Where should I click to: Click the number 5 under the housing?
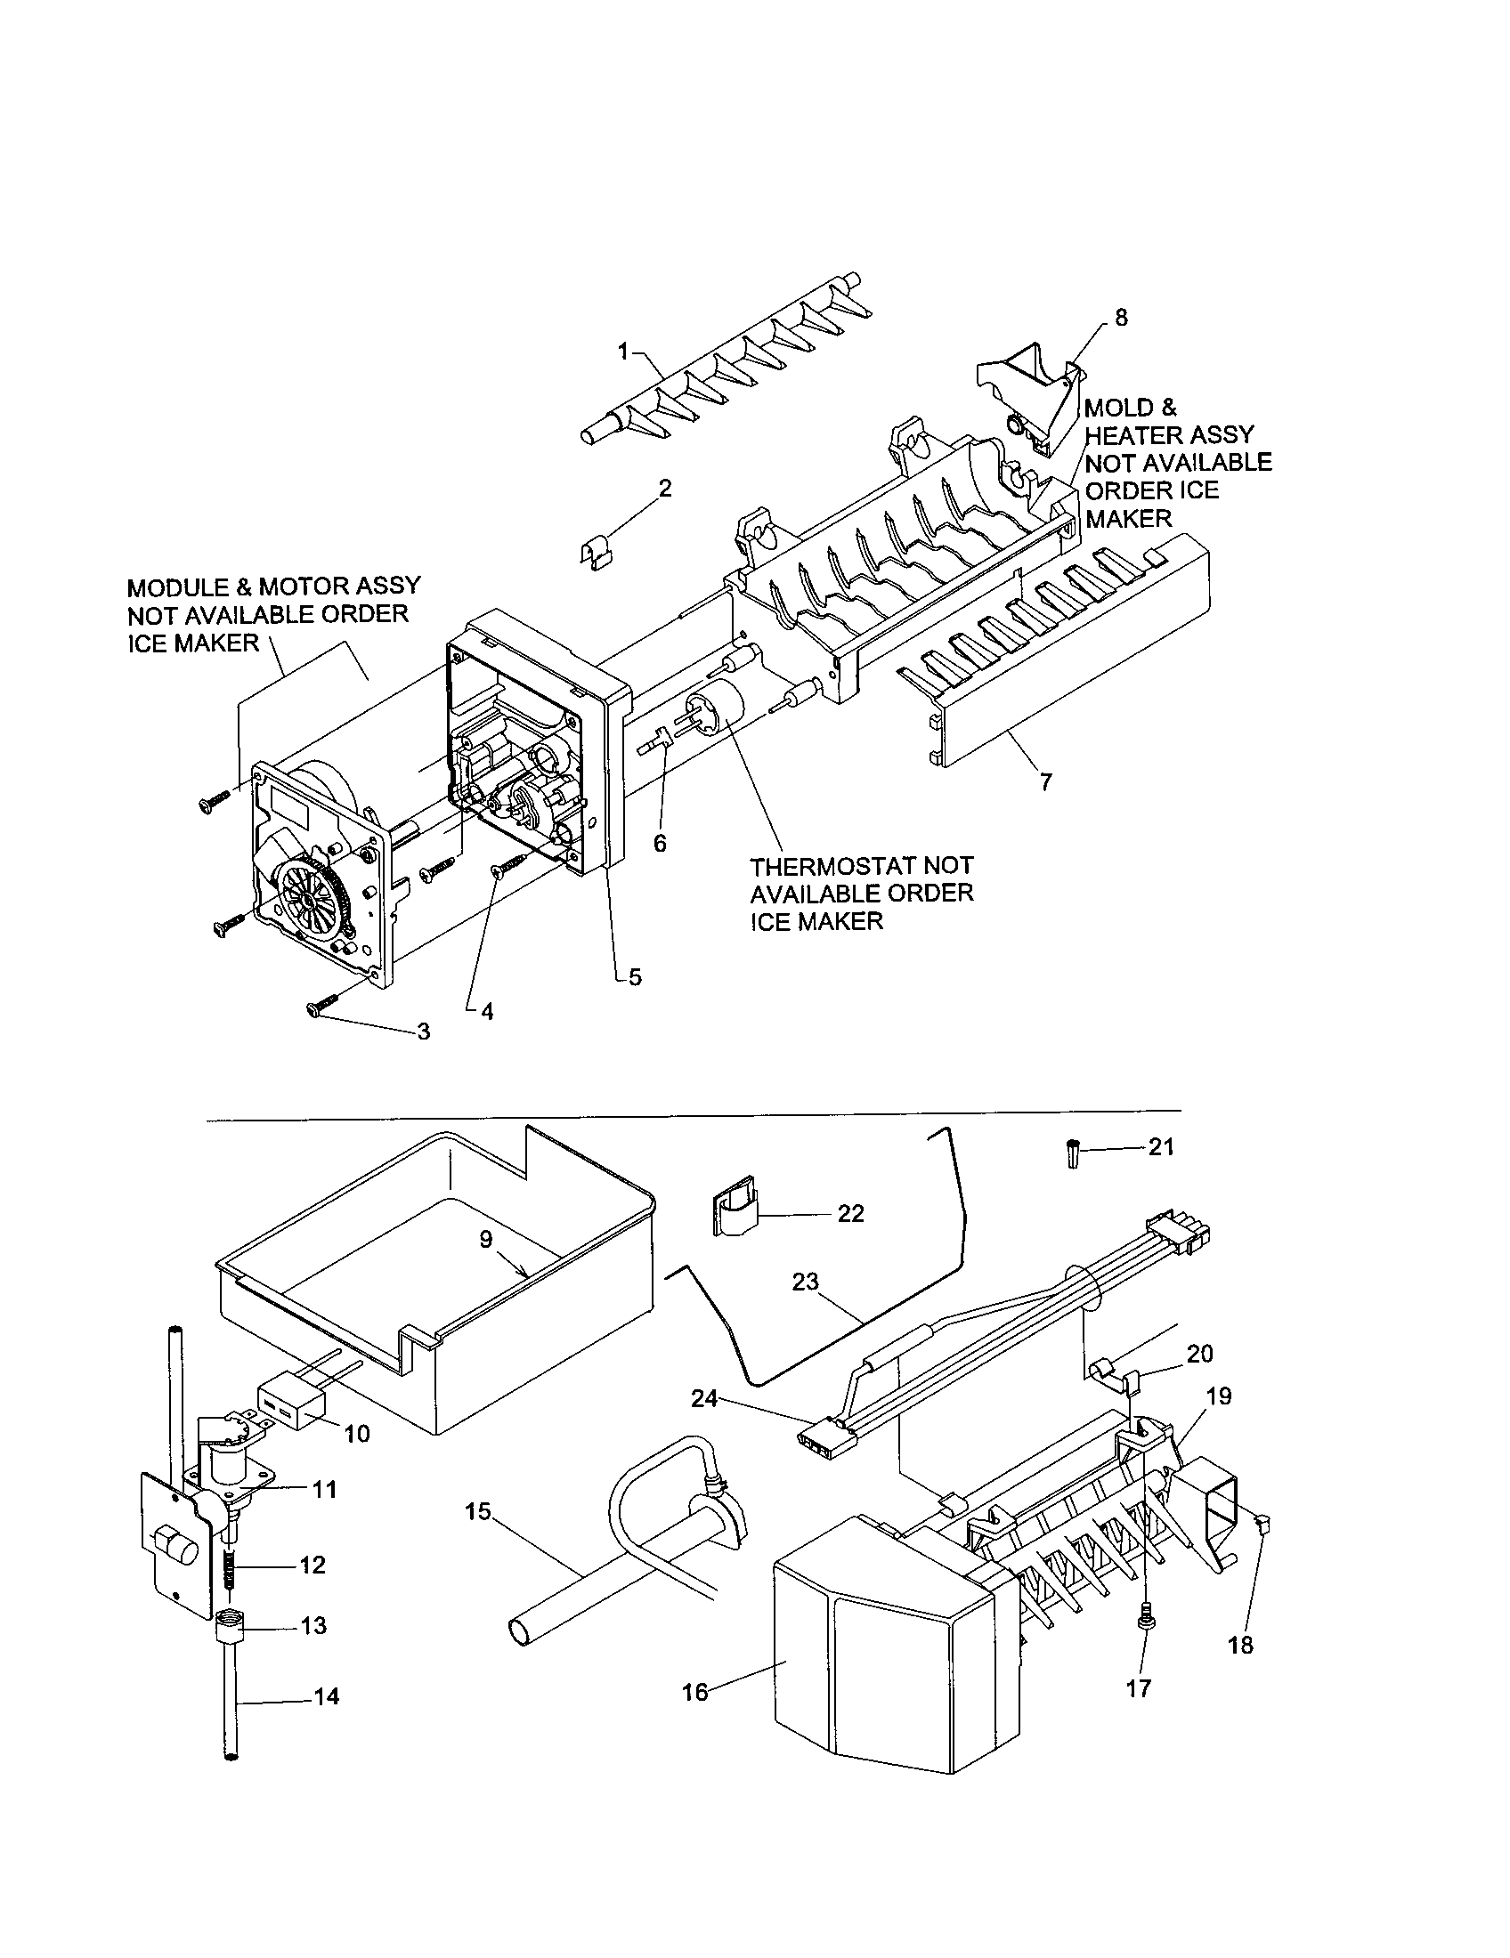[x=635, y=977]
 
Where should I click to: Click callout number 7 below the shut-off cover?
[x=1045, y=781]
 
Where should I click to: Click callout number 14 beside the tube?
[x=327, y=1696]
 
